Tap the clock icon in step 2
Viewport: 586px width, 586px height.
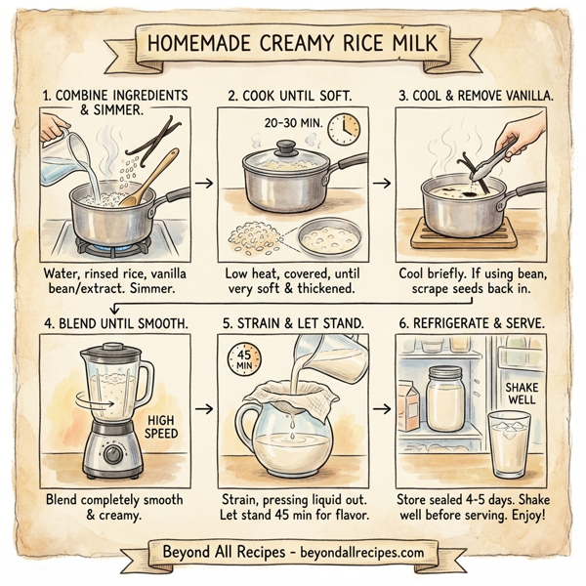coord(342,128)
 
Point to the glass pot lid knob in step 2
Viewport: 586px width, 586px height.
coord(286,148)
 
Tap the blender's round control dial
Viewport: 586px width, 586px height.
coord(114,453)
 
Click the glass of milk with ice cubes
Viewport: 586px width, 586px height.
coord(509,444)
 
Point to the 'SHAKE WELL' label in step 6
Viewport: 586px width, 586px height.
coord(521,394)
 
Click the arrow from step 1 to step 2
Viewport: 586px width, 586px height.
coord(203,183)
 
